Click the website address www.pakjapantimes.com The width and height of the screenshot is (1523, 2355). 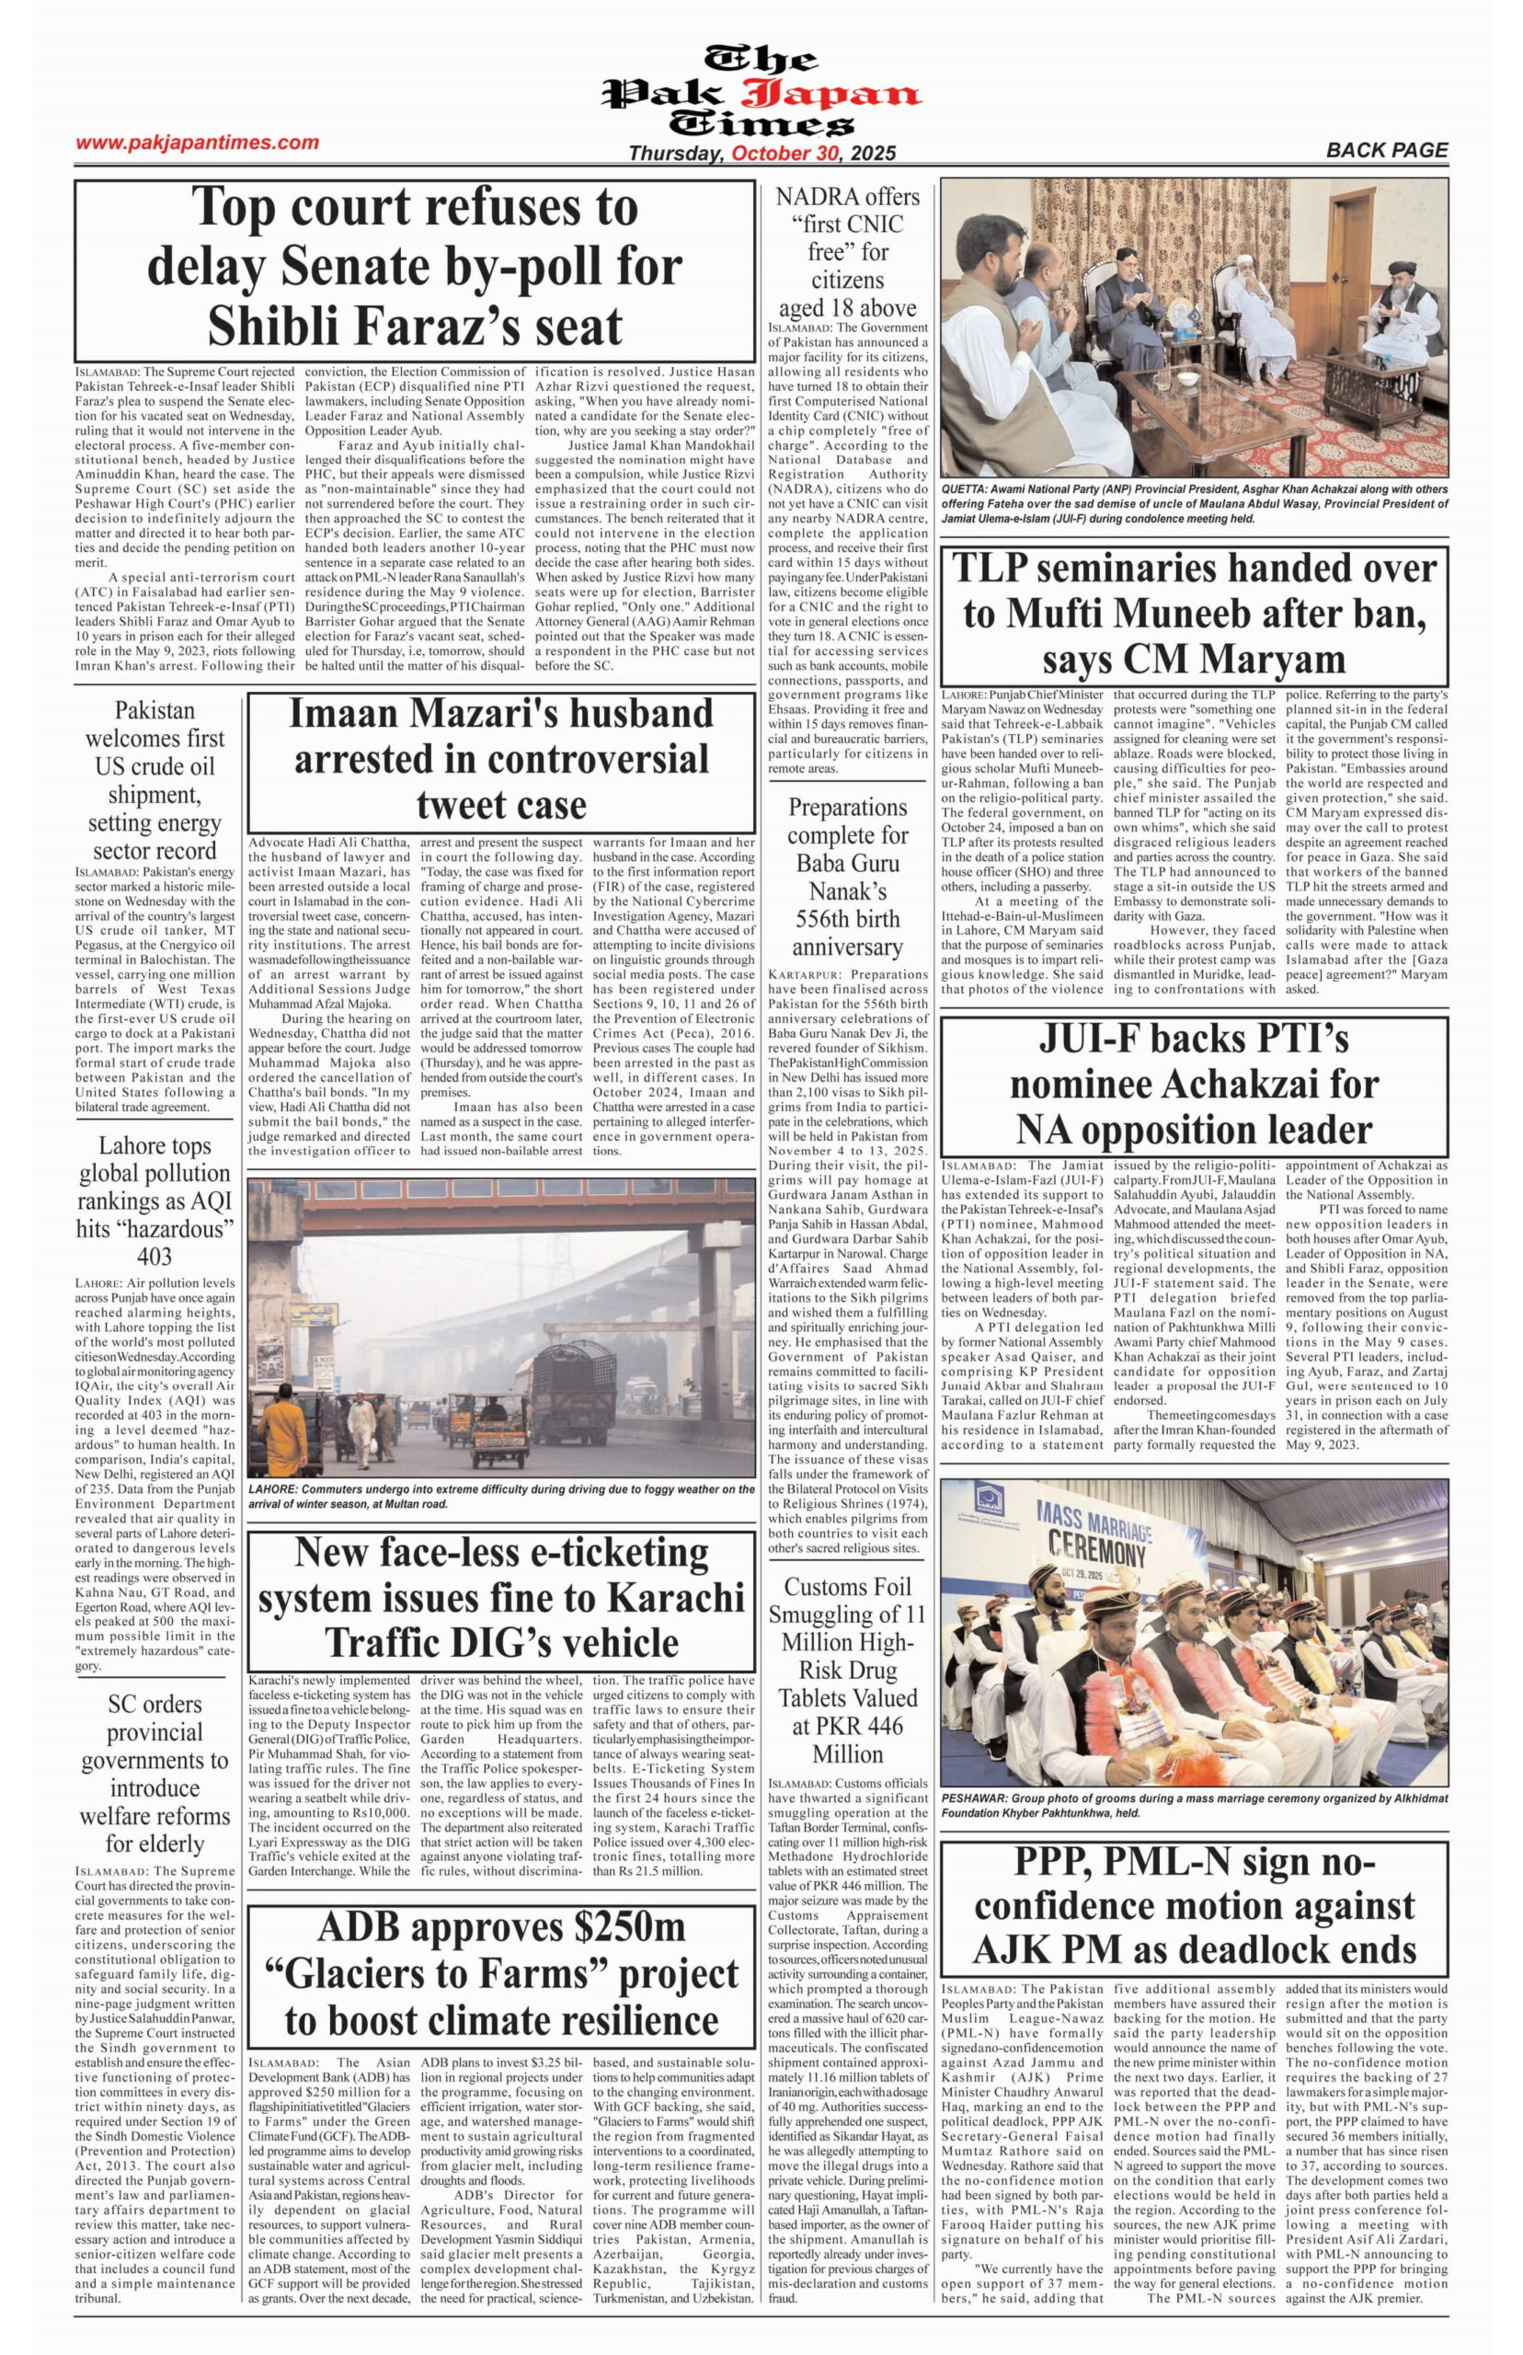[x=198, y=143]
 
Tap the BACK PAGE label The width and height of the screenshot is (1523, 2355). [x=1387, y=150]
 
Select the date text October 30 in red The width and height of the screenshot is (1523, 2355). [x=785, y=154]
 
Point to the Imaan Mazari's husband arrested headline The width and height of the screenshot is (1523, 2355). [x=500, y=759]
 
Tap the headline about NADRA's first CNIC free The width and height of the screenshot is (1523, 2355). [x=848, y=252]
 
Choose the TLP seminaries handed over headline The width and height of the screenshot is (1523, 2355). [x=1195, y=614]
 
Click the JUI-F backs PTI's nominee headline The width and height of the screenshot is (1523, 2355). [x=1195, y=1083]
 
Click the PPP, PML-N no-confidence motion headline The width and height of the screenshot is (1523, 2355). [x=1195, y=1906]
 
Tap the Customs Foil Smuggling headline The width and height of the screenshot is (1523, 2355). [x=848, y=1670]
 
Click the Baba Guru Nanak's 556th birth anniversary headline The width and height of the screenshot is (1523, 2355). [x=848, y=877]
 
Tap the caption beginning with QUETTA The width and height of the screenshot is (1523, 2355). [x=1195, y=503]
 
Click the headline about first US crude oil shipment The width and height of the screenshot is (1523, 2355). [x=155, y=780]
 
